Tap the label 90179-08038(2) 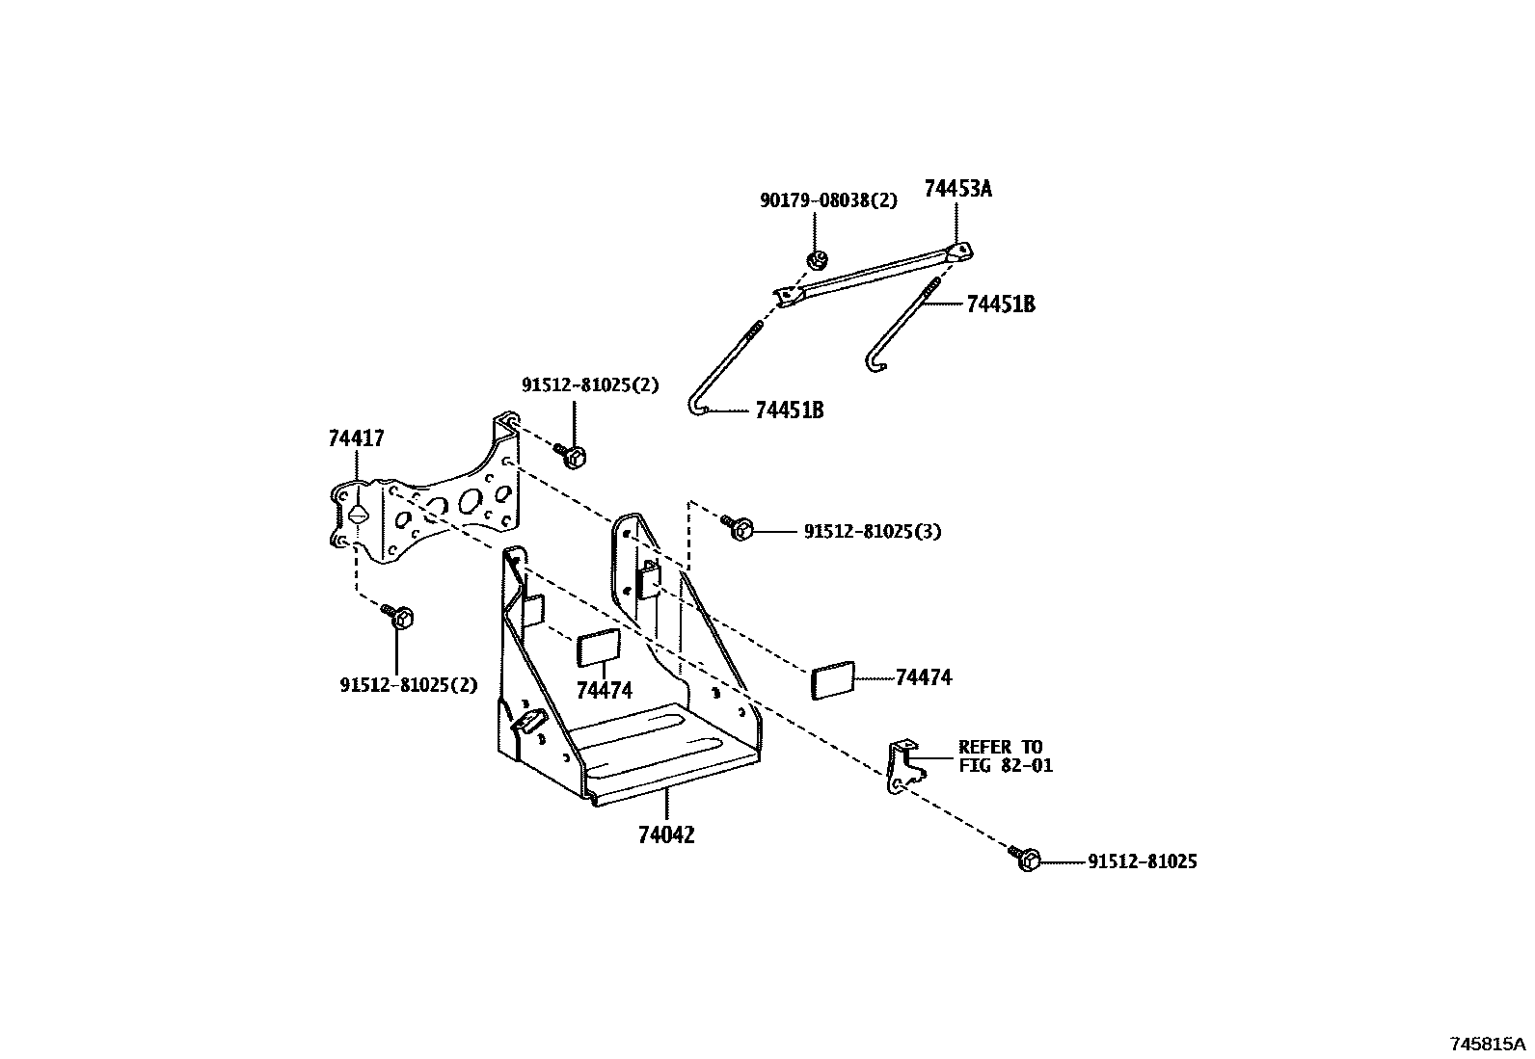point(828,200)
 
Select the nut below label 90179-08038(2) point(818,258)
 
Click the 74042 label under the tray point(665,834)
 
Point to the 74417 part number point(356,439)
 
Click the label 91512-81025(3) point(872,531)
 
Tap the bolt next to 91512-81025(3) point(741,527)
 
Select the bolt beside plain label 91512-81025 point(1026,860)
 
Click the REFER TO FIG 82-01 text point(1005,756)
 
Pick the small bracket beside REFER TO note point(902,766)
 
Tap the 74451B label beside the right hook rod point(1000,304)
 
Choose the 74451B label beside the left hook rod point(789,410)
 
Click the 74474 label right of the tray point(923,677)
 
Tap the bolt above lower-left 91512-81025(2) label point(401,617)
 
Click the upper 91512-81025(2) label point(590,384)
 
